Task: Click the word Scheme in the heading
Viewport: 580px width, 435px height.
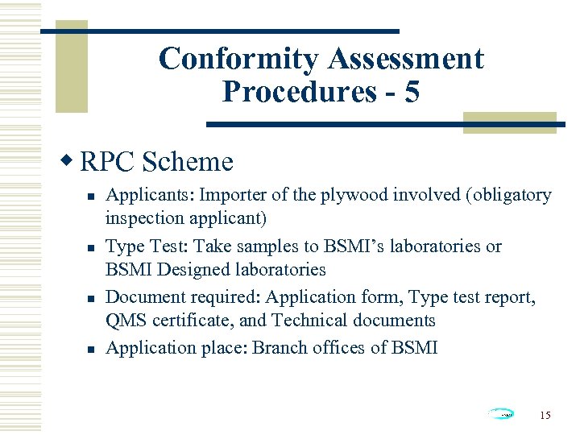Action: [187, 162]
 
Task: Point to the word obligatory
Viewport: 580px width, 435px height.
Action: [509, 195]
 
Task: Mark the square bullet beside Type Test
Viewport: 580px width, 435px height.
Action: [93, 247]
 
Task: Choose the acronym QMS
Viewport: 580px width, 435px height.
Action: [126, 321]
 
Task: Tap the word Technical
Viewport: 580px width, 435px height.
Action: [307, 321]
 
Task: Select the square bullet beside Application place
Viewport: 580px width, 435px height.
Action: [93, 349]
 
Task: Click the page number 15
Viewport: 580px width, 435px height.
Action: [545, 415]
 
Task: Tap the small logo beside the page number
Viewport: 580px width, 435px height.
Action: [501, 414]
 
